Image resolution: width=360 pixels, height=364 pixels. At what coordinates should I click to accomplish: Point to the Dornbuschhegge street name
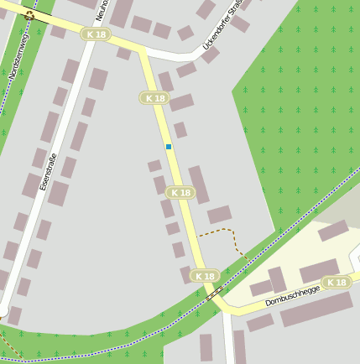pyautogui.click(x=293, y=294)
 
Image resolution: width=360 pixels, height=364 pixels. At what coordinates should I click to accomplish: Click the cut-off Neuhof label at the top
pyautogui.click(x=102, y=10)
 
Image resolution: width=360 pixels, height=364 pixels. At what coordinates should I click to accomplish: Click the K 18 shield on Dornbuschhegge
pyautogui.click(x=337, y=282)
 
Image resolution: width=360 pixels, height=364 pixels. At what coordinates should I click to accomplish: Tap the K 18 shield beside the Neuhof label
pyautogui.click(x=96, y=34)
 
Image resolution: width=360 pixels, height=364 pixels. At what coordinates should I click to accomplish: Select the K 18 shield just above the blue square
pyautogui.click(x=154, y=98)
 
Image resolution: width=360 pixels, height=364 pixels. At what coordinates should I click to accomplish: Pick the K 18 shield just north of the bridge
pyautogui.click(x=204, y=275)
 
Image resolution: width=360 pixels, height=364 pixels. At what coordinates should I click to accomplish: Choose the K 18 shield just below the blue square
pyautogui.click(x=180, y=192)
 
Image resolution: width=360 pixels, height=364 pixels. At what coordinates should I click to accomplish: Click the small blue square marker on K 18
pyautogui.click(x=169, y=147)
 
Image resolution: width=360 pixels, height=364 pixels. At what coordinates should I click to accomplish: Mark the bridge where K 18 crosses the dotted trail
pyautogui.click(x=215, y=293)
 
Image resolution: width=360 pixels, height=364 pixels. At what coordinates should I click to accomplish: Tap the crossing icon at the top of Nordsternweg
pyautogui.click(x=29, y=15)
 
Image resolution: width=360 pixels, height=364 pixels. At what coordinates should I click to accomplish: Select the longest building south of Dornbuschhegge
pyautogui.click(x=316, y=309)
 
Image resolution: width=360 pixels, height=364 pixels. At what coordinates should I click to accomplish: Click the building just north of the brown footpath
pyautogui.click(x=219, y=215)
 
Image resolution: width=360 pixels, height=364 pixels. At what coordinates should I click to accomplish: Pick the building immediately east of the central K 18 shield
pyautogui.click(x=199, y=185)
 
